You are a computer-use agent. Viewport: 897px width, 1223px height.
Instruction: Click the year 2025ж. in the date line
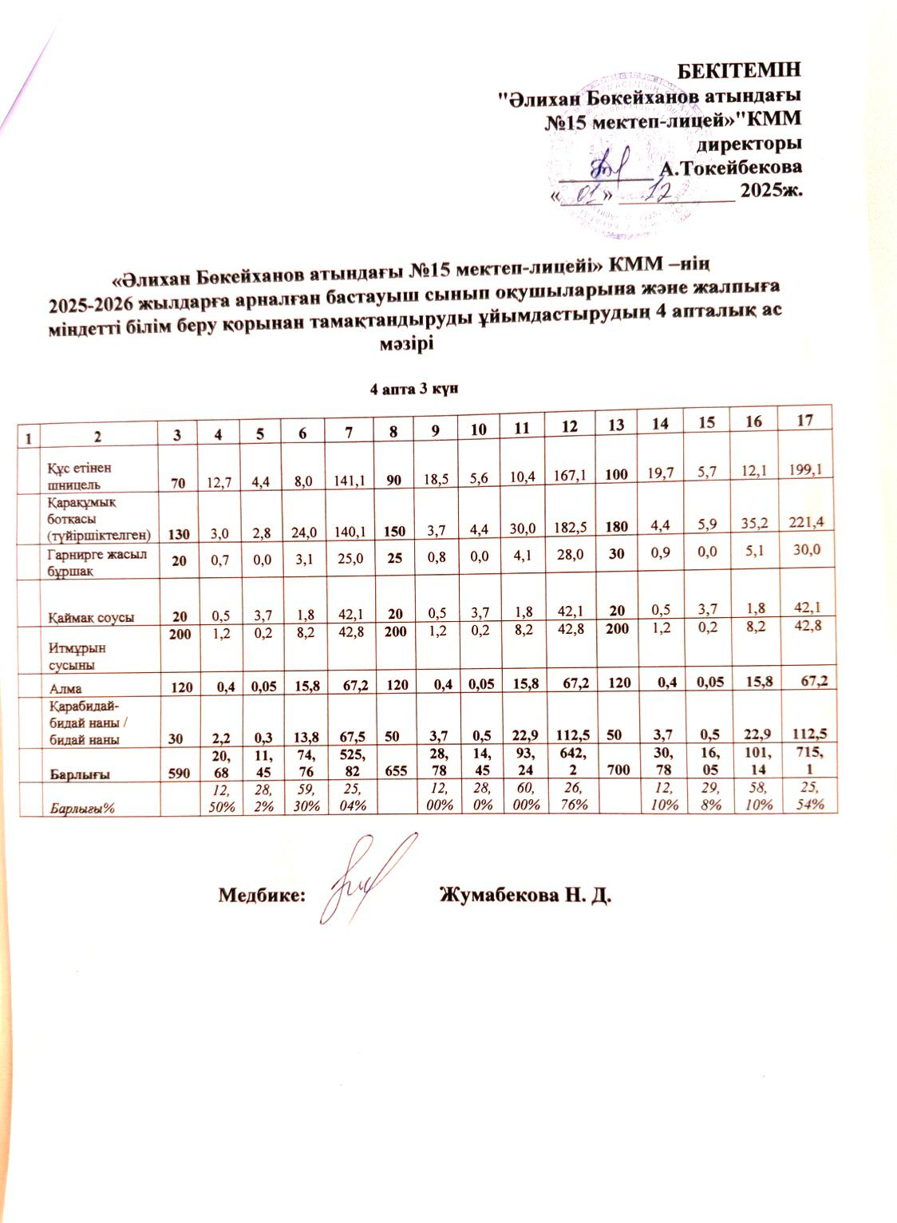point(771,192)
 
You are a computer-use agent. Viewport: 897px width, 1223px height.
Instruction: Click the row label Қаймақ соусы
point(90,617)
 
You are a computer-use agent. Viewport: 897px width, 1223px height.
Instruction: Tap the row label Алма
point(66,687)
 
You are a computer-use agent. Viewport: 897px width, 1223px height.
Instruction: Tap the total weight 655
point(397,771)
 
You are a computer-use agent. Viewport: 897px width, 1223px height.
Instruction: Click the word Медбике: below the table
point(263,895)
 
